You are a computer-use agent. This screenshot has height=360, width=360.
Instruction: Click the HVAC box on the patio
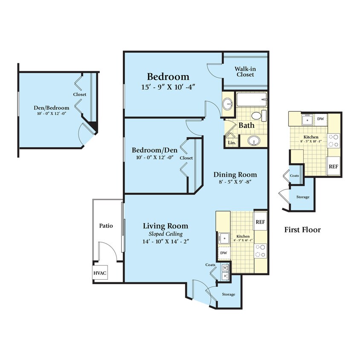point(100,273)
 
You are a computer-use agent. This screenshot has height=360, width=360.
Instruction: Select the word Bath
point(247,125)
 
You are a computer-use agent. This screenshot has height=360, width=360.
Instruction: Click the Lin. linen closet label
point(232,142)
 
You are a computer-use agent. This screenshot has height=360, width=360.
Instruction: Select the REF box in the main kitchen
point(260,222)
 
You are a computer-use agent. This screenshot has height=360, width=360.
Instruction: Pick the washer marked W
point(225,268)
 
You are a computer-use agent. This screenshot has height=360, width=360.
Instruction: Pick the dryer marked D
point(225,276)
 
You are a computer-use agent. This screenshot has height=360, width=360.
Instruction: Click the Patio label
point(106,226)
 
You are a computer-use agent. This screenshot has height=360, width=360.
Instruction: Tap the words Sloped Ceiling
point(165,234)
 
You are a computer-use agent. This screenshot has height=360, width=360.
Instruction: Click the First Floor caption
point(302,230)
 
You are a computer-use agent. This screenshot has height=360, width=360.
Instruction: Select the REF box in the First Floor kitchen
point(333,166)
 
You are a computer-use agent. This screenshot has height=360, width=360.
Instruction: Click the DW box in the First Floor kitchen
point(320,119)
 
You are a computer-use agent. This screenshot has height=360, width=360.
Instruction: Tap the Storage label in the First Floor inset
point(303,197)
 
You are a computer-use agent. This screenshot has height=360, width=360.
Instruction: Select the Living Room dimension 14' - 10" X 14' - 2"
point(165,241)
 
